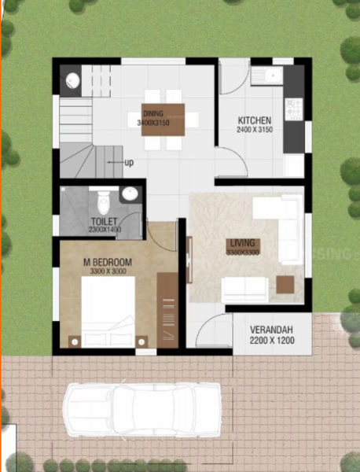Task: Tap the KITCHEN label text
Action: click(255, 120)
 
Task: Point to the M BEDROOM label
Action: click(108, 262)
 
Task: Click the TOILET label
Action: click(104, 222)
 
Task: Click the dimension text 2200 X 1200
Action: click(273, 342)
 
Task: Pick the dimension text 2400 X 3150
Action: click(255, 130)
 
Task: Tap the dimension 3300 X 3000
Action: click(108, 271)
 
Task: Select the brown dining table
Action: click(163, 120)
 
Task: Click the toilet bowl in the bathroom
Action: click(103, 197)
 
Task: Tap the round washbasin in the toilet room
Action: click(131, 194)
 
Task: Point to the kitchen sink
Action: click(267, 76)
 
